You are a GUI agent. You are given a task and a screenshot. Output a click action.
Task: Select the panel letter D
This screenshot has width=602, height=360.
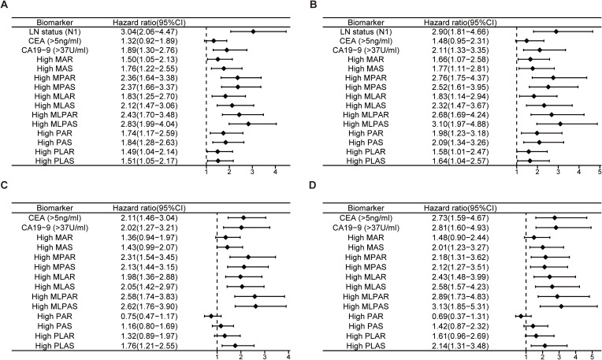pyautogui.click(x=313, y=185)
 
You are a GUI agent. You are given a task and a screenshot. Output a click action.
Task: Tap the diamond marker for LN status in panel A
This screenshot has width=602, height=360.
pyautogui.click(x=253, y=32)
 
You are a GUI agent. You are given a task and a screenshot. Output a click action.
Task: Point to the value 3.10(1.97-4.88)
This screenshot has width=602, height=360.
pyautogui.click(x=460, y=124)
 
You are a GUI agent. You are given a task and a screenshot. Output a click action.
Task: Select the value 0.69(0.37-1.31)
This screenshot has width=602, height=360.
pyautogui.click(x=460, y=316)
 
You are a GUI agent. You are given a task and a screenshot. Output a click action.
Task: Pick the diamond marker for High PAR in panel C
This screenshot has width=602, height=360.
pyautogui.click(x=210, y=316)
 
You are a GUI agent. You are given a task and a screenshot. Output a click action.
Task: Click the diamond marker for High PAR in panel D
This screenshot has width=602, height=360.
pyautogui.click(x=521, y=316)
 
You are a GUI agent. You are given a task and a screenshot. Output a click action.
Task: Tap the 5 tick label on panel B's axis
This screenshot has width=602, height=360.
pyautogui.click(x=600, y=171)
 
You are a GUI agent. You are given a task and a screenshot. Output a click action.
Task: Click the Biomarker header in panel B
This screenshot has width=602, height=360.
pyautogui.click(x=366, y=23)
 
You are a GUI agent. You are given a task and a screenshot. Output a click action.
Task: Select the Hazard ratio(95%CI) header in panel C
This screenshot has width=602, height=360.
pyautogui.click(x=149, y=208)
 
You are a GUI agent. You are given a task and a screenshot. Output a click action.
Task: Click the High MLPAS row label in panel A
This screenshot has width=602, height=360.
pyautogui.click(x=54, y=124)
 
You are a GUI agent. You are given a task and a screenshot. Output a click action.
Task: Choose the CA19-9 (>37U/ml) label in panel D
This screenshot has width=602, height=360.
pyautogui.click(x=366, y=228)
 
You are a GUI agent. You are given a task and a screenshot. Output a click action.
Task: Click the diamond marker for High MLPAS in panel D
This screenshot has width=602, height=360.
pyautogui.click(x=561, y=306)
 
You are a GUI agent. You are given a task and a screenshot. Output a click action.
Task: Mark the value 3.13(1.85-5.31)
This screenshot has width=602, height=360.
pyautogui.click(x=460, y=306)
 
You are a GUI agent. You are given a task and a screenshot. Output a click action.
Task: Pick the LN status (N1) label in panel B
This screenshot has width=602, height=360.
pyautogui.click(x=366, y=32)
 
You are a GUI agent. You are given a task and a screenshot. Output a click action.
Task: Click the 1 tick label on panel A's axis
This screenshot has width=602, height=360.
pyautogui.click(x=206, y=171)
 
